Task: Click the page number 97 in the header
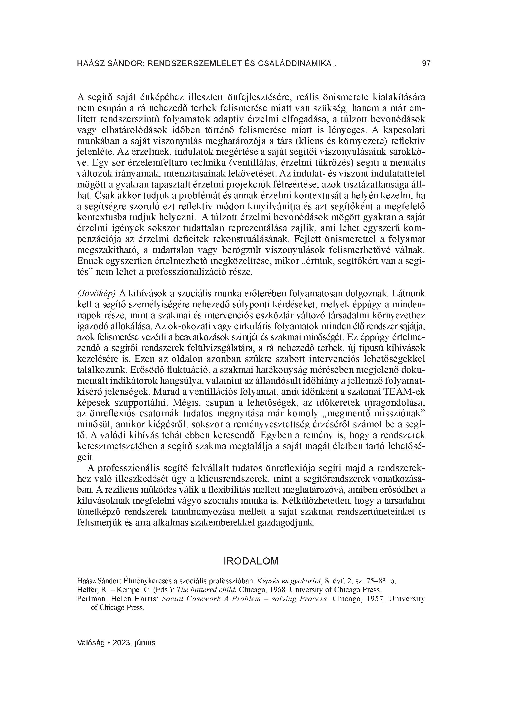(426, 64)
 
